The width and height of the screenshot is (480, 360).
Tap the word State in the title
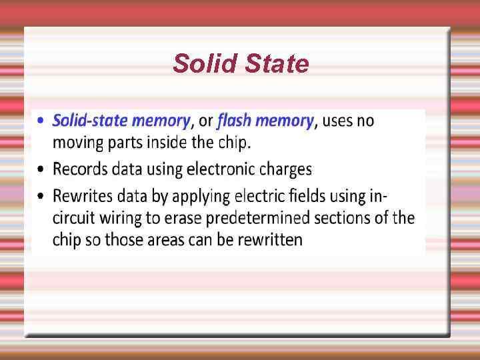[x=277, y=64]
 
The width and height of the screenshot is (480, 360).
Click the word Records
[x=79, y=169]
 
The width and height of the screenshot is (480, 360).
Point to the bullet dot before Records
[x=43, y=169]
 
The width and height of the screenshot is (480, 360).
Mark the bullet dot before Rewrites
[x=43, y=196]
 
